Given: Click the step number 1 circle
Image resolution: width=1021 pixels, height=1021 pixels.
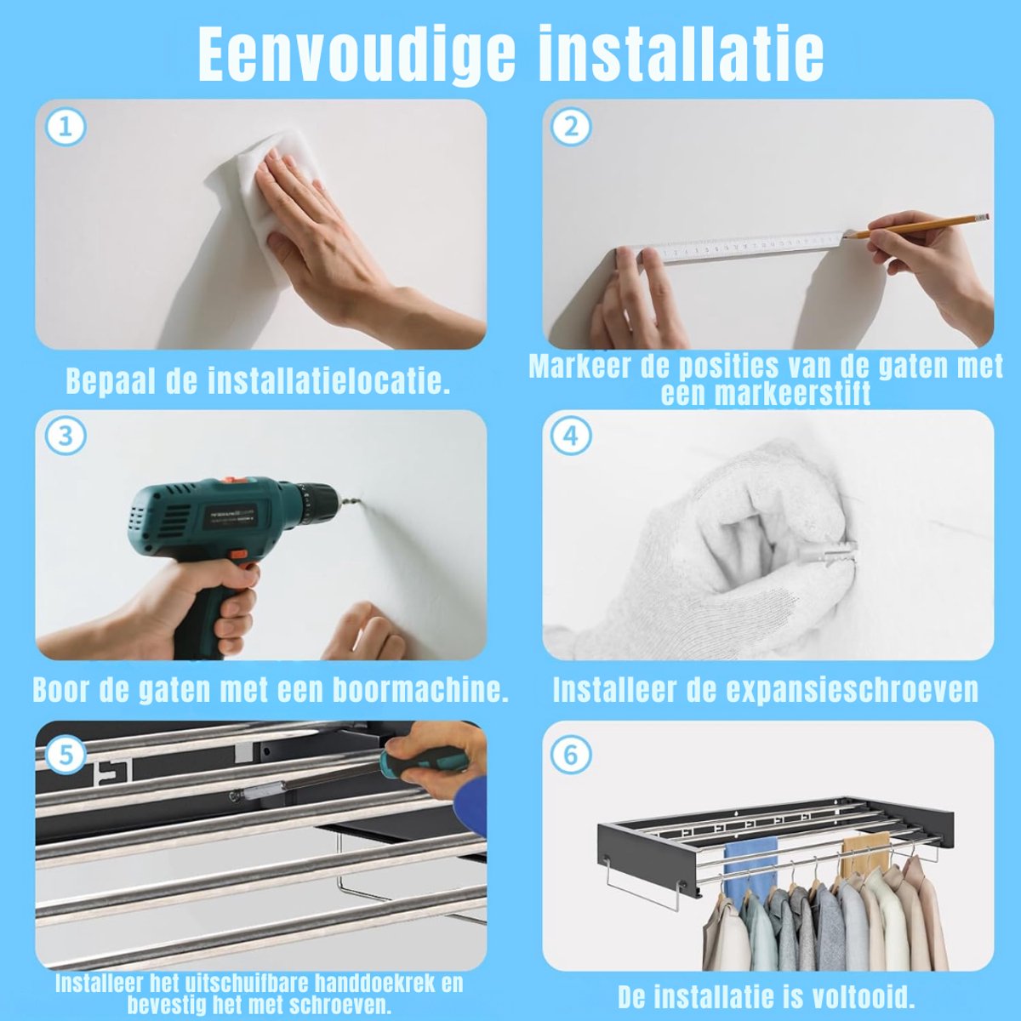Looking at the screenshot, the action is coord(66,128).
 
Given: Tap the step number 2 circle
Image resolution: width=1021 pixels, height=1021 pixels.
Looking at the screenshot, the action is coord(571,128).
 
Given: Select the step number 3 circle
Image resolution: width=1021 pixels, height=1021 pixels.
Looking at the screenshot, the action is coord(66,436).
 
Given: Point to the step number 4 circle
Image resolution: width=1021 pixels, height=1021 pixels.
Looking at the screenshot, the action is coord(571,436).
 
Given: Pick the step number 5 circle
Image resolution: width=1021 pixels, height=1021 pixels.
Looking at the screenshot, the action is coord(66,755).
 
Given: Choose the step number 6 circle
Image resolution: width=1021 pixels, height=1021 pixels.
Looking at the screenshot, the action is coord(571,755).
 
